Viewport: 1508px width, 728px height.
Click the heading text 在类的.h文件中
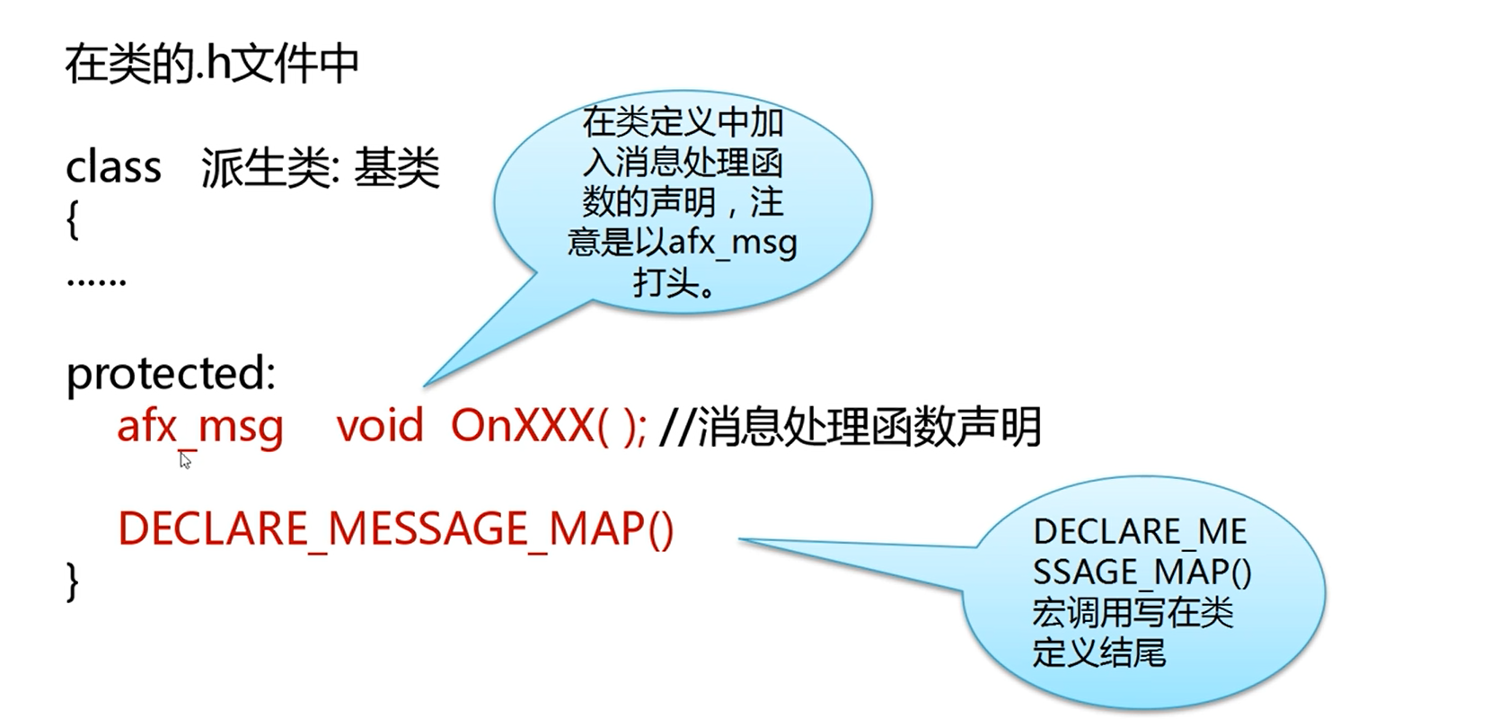click(211, 64)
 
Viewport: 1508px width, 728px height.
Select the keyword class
click(114, 167)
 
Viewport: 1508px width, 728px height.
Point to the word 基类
click(396, 167)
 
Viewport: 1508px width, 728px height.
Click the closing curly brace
click(73, 582)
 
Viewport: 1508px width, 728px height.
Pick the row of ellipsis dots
click(96, 281)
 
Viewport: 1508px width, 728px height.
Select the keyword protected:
click(171, 372)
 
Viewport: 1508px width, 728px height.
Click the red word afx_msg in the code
click(200, 427)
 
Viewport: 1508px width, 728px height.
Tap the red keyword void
click(380, 426)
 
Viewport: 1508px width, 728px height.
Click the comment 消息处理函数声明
click(869, 426)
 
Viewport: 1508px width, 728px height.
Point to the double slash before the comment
click(676, 426)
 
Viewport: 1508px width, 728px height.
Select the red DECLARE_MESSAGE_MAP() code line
click(396, 529)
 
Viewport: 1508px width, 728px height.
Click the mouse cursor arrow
click(186, 460)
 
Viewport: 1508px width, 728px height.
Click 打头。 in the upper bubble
click(675, 283)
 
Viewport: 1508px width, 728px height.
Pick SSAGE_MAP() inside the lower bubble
click(1142, 572)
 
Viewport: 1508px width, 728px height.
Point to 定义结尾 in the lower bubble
click(1098, 652)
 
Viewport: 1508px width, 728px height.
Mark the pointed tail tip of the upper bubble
click(424, 386)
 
